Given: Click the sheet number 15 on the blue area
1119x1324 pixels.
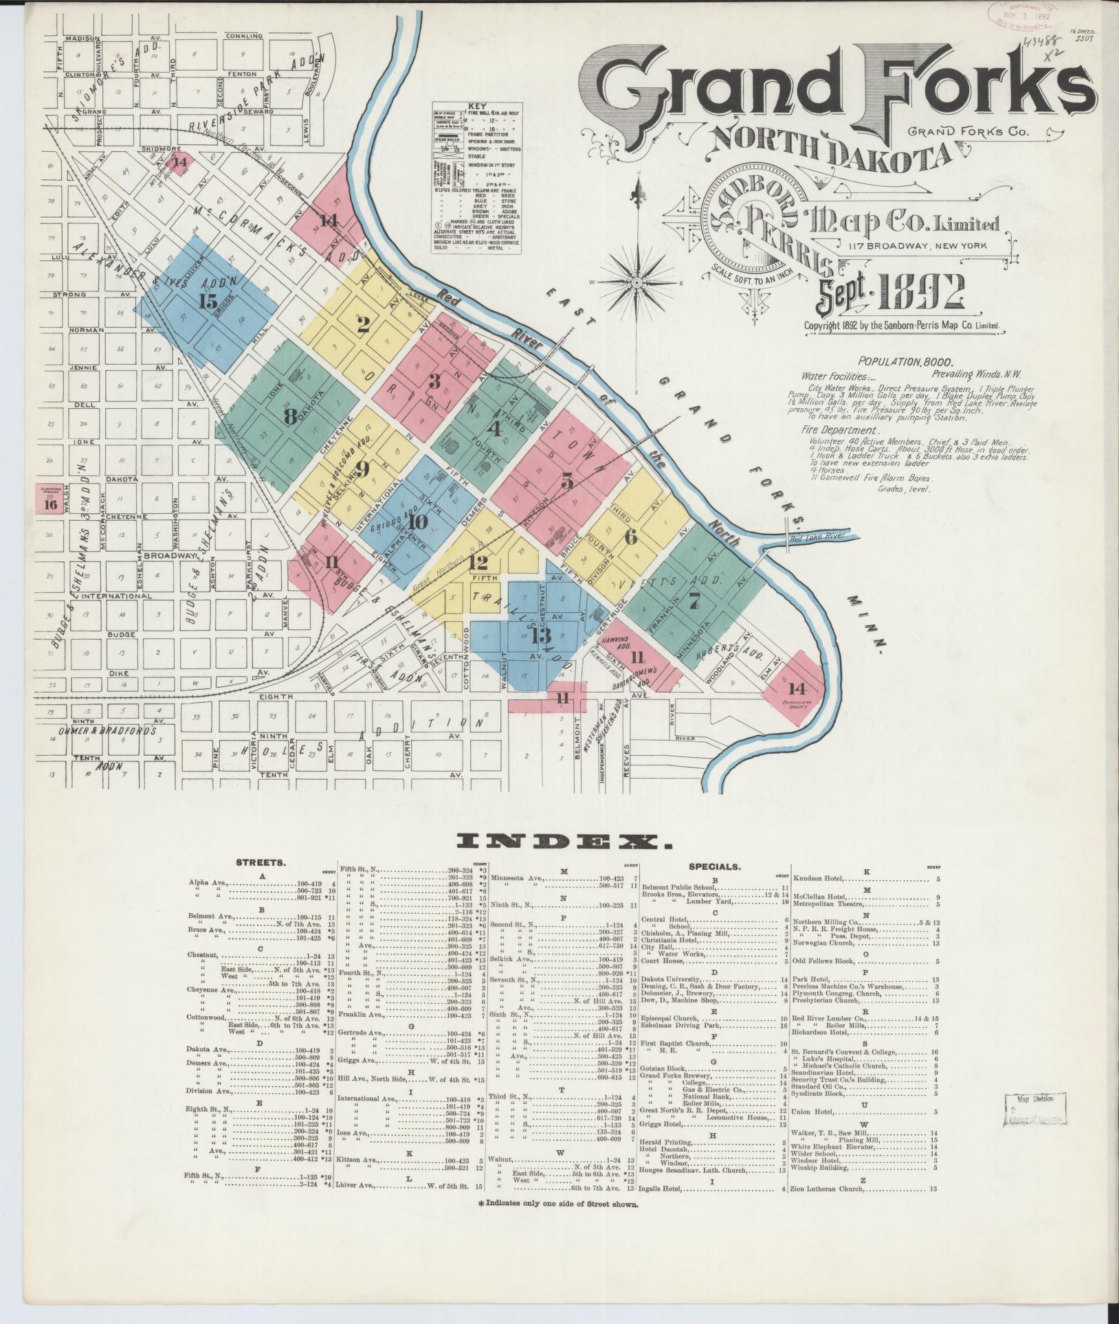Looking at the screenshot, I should (207, 300).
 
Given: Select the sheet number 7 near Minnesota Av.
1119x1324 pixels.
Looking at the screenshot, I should (694, 600).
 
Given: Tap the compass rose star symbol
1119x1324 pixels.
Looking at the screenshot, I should (637, 282).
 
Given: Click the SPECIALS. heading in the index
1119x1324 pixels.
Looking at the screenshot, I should (715, 866).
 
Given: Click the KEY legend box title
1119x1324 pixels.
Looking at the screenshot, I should (476, 106).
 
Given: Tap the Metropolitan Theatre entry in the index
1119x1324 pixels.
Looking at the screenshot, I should (834, 905).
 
